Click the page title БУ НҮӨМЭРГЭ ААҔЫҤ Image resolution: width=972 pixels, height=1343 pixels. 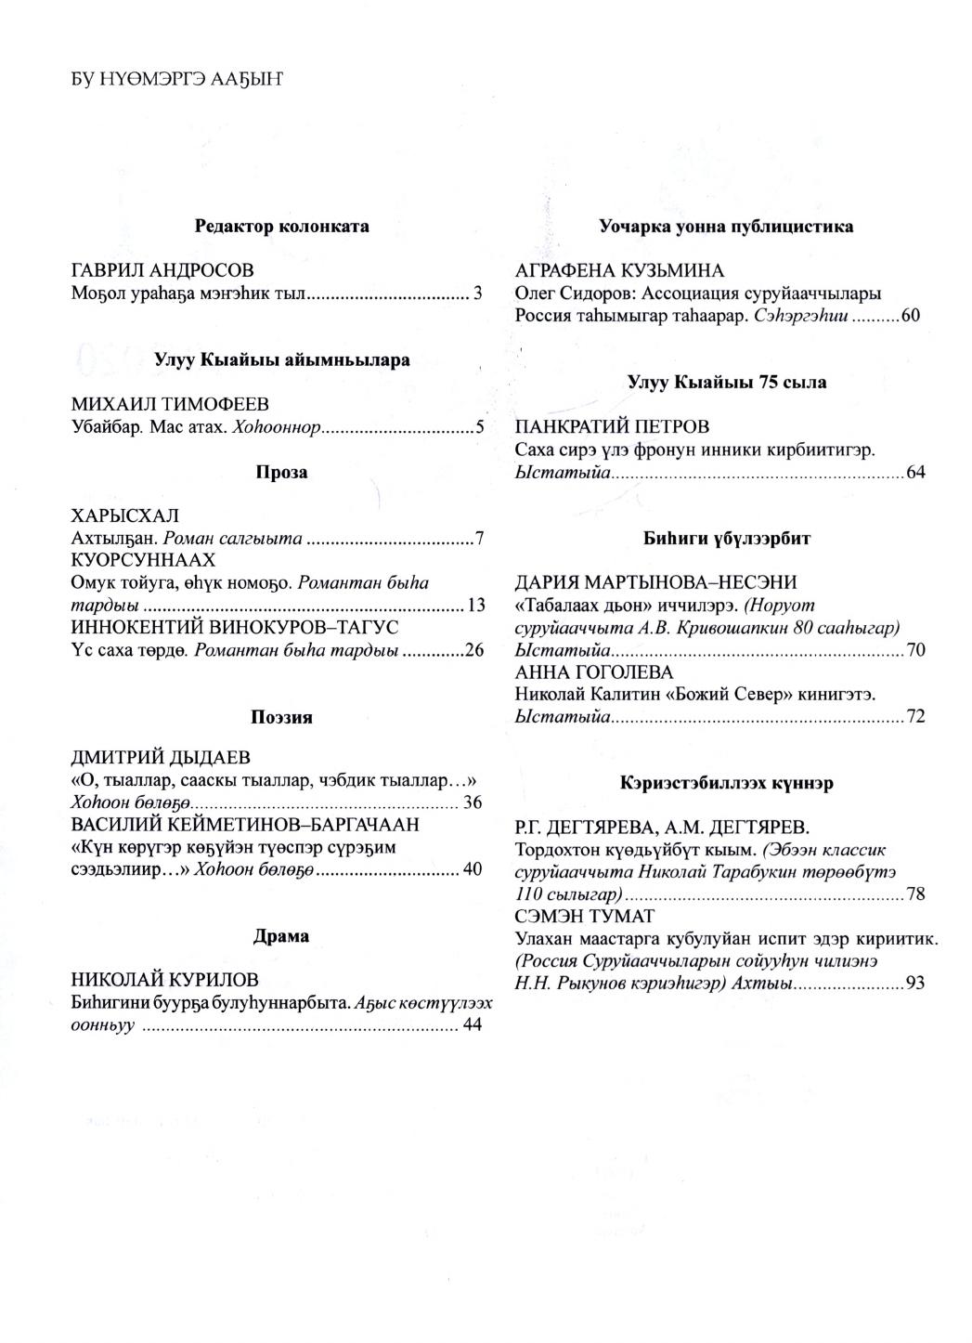(176, 79)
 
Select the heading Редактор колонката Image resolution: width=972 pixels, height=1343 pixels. (281, 226)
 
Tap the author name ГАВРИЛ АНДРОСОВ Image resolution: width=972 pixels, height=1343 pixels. (162, 270)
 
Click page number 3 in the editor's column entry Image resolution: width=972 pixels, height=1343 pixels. (477, 293)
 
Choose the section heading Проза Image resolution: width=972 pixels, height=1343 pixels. (281, 472)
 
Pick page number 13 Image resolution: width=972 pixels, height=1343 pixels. (475, 606)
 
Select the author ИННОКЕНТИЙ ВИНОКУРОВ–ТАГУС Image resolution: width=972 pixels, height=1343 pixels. (235, 628)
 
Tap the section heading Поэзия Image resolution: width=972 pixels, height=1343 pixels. (281, 717)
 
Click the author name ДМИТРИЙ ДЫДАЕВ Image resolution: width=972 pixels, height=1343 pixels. (161, 757)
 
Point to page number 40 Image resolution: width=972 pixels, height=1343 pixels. (472, 869)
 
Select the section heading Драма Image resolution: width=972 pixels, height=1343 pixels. (281, 936)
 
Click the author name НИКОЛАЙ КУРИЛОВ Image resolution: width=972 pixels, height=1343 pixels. (164, 980)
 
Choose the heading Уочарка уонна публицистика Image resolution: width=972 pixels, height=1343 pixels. (726, 226)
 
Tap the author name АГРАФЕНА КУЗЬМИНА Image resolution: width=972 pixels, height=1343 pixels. (619, 270)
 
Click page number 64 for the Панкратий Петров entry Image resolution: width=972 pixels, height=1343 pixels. (915, 473)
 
